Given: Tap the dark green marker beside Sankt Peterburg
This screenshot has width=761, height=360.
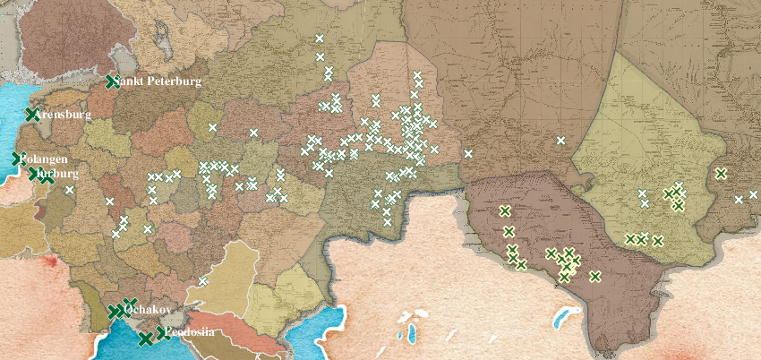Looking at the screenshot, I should [112, 81].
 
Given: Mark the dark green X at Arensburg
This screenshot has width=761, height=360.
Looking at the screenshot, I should [32, 115].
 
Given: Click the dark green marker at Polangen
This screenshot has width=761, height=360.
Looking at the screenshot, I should [17, 159].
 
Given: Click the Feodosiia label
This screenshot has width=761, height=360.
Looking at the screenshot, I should [190, 332].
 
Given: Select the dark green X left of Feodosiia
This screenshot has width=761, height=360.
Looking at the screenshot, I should [162, 333].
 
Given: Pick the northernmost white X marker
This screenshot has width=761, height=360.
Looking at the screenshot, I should [320, 39].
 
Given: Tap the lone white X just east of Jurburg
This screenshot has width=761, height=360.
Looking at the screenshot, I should [69, 190].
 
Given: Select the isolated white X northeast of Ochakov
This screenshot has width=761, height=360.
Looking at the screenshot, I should [203, 281].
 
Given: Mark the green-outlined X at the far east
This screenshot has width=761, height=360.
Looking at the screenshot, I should [721, 173].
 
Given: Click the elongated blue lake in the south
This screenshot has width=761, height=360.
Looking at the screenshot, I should [564, 317].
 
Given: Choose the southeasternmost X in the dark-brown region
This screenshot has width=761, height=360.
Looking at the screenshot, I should [594, 276].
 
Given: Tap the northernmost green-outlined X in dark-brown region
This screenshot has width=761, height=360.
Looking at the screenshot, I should [505, 211].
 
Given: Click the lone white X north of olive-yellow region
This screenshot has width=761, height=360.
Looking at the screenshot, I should [560, 140].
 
